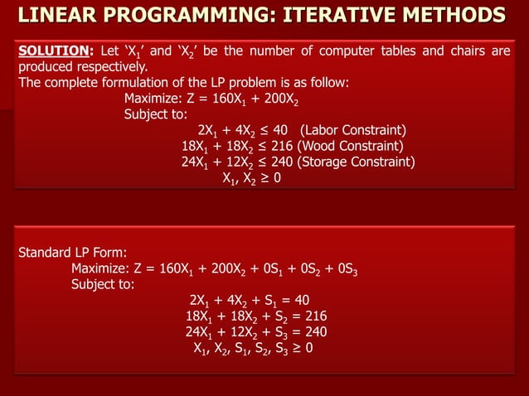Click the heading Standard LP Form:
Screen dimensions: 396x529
pos(72,252)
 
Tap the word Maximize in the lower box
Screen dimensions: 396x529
pos(102,268)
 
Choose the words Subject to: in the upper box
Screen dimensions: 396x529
pos(156,114)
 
